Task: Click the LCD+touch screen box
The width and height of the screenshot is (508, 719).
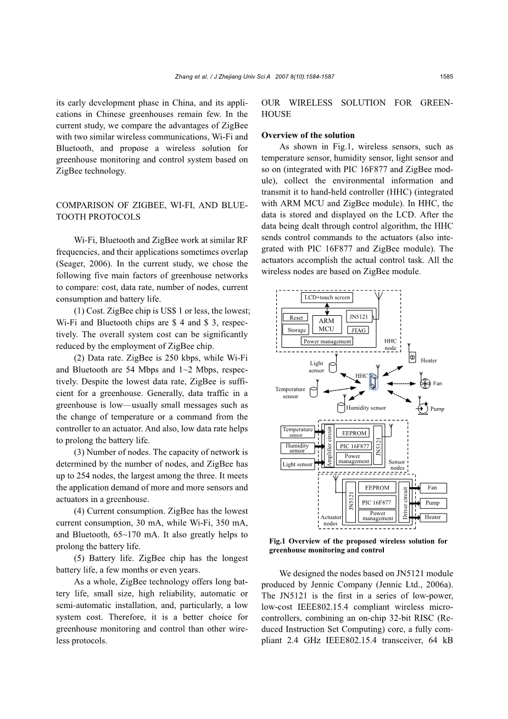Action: tap(327, 298)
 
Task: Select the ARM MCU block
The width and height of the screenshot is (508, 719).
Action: tap(326, 325)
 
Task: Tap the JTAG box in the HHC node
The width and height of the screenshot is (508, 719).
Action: tap(359, 330)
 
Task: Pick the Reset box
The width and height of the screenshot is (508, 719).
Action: tap(296, 317)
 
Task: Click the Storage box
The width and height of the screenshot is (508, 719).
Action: tap(297, 330)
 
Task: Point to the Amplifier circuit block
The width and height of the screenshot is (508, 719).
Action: tap(330, 447)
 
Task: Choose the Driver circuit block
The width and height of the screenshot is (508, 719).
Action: tap(405, 502)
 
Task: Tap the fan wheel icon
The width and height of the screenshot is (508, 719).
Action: tap(424, 383)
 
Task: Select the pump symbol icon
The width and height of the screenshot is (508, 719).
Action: tap(422, 408)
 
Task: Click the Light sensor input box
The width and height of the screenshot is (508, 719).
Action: tap(297, 464)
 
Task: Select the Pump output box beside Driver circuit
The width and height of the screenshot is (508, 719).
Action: tap(432, 503)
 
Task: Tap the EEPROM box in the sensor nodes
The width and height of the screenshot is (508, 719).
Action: tap(354, 433)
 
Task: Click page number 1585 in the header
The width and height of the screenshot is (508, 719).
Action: tap(446, 77)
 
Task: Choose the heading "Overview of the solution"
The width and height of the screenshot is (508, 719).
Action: tap(308, 135)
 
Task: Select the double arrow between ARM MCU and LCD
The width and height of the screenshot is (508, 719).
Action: tap(327, 309)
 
